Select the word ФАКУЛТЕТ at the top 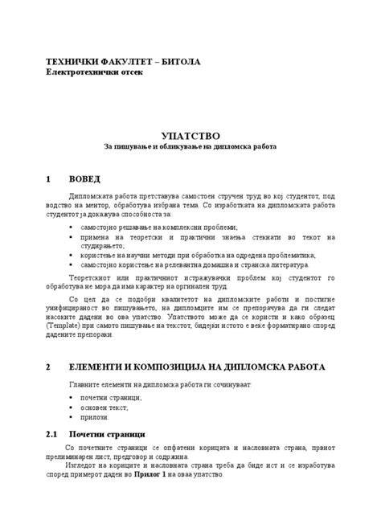coord(128,61)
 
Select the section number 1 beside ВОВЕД coord(49,178)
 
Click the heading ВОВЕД coord(86,178)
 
